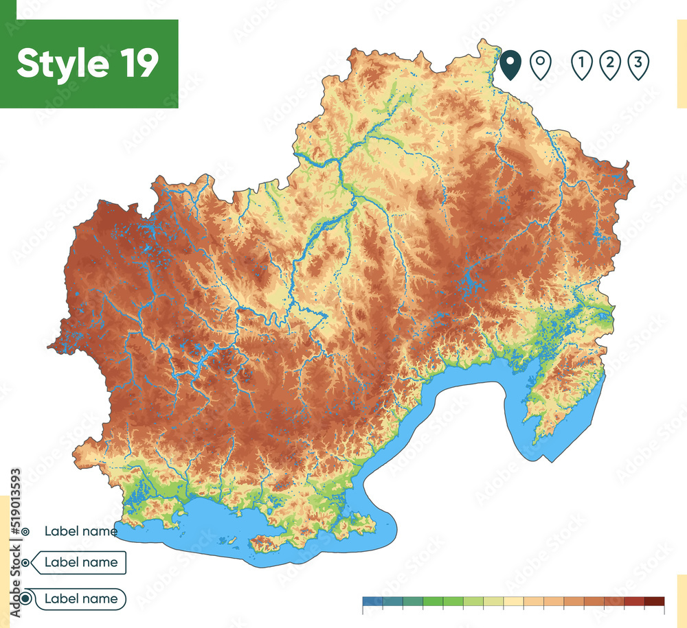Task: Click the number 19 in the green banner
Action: (137, 63)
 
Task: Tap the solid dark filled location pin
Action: (510, 65)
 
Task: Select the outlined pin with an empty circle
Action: (541, 65)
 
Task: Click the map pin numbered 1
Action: (581, 65)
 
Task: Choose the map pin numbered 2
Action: (609, 65)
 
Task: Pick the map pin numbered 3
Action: (638, 65)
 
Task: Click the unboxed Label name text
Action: (80, 531)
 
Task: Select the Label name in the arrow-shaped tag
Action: (80, 563)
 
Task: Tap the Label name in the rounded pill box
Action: (80, 598)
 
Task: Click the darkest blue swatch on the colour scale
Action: (372, 601)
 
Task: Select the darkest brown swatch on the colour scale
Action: (655, 601)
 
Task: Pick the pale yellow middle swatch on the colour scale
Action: (513, 601)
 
